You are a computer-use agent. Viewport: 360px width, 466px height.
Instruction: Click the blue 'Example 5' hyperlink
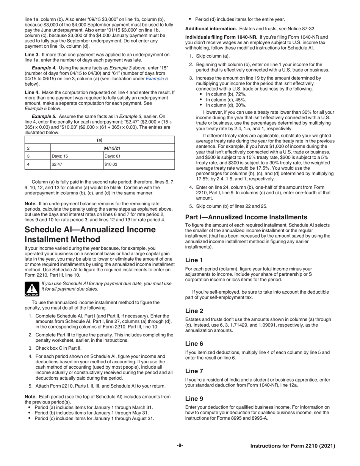[157, 78]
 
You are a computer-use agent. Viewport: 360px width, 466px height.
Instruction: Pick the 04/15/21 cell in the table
[112, 148]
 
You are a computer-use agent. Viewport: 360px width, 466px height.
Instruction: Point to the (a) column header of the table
[100, 140]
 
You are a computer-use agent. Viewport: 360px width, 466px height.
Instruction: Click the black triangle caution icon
[31, 289]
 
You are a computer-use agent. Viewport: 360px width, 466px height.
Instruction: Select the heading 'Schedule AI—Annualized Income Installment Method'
[90, 235]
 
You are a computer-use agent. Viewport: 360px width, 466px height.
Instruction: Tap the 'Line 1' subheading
[194, 260]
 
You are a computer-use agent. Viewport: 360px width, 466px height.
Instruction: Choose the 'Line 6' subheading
[194, 344]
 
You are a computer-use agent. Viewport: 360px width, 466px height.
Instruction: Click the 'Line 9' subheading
[194, 399]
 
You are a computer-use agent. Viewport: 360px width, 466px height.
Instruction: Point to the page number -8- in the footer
[180, 446]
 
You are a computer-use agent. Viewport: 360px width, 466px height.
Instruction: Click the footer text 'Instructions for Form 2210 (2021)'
[293, 446]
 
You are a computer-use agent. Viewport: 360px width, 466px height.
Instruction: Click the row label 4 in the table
[28, 164]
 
